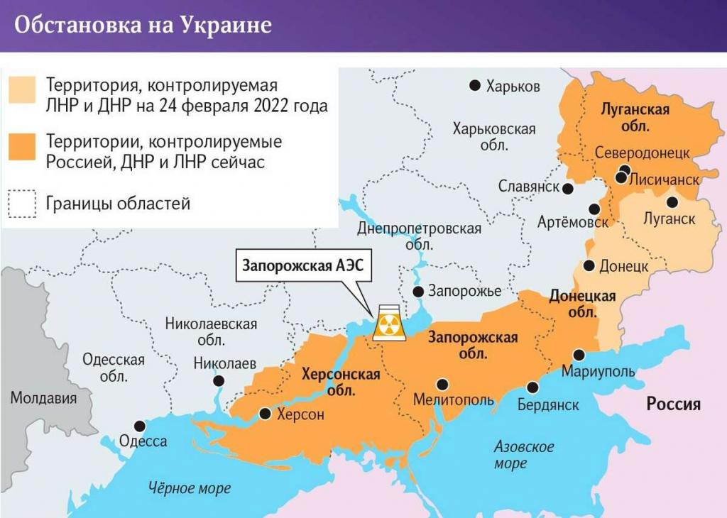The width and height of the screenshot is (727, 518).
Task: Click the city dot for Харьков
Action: coord(475,86)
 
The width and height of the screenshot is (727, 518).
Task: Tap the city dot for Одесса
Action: coord(140,426)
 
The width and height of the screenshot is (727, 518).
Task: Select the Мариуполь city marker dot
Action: coord(579,355)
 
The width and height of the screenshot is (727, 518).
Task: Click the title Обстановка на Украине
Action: coord(143,25)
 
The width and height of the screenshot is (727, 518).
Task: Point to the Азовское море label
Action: coord(523,455)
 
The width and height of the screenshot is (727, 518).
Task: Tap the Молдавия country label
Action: coord(43,397)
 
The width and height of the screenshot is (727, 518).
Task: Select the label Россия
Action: coord(673,404)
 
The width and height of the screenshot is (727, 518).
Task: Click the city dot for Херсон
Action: coord(265,413)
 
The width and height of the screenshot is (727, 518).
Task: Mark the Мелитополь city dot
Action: coord(442,384)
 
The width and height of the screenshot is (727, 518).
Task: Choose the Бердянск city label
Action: coord(547,404)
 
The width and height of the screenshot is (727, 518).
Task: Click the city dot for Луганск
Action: coord(672,202)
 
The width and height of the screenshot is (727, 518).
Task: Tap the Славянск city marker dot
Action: coord(568,188)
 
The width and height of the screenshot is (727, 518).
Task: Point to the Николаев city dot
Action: coord(217,380)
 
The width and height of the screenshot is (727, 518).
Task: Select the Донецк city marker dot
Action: coord(589,265)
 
